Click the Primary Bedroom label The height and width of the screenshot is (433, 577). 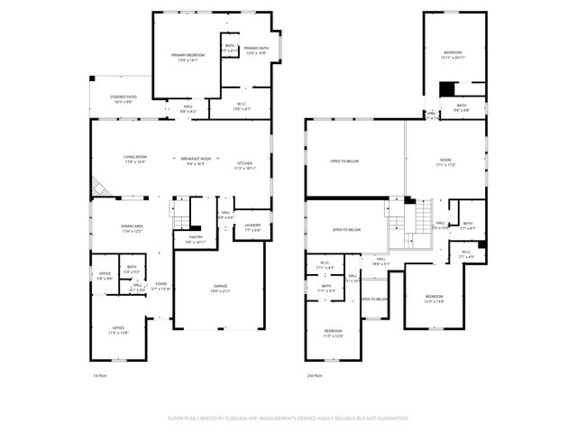click(x=189, y=58)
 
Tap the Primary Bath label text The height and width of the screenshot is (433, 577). click(x=256, y=51)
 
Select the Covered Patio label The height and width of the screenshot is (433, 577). click(x=123, y=99)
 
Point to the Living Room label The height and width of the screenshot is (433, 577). click(x=135, y=160)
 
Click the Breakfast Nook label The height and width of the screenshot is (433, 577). click(x=196, y=161)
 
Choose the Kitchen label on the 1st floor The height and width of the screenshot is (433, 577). click(x=246, y=165)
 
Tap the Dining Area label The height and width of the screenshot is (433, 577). click(x=133, y=229)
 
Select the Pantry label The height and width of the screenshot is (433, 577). click(x=196, y=239)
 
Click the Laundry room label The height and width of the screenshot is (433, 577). click(x=252, y=227)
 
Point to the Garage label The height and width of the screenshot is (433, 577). click(x=221, y=288)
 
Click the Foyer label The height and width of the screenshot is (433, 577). click(x=160, y=286)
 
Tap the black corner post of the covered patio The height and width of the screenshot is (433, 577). click(x=91, y=78)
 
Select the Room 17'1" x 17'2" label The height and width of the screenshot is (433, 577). click(x=445, y=162)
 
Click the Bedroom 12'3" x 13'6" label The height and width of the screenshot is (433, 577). click(x=435, y=299)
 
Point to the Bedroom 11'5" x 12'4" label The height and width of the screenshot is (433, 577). click(x=334, y=334)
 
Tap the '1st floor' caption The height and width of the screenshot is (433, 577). click(x=100, y=374)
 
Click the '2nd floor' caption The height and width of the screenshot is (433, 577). click(x=315, y=374)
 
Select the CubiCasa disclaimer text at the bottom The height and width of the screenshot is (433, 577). click(x=288, y=418)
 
